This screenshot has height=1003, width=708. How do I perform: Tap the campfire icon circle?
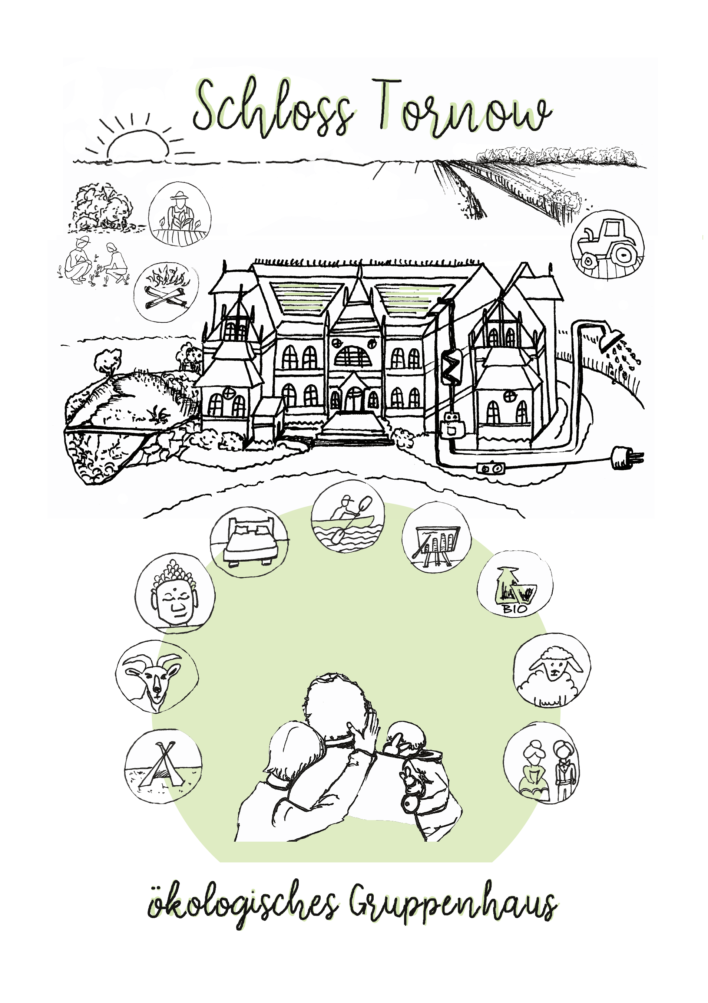tap(166, 292)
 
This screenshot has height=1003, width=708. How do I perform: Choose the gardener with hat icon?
tap(180, 214)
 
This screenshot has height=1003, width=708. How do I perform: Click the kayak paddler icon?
tap(348, 516)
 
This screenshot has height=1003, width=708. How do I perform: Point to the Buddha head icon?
tap(175, 593)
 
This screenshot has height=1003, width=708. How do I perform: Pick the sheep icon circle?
tap(552, 670)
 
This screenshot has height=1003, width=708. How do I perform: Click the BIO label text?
tap(515, 608)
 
